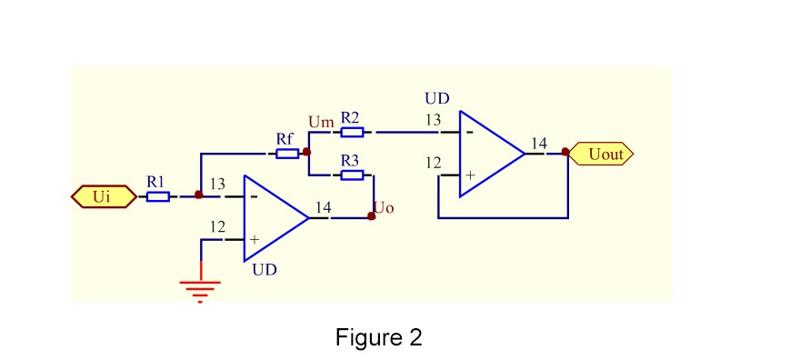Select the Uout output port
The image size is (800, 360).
[601, 155]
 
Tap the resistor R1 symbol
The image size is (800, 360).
[157, 196]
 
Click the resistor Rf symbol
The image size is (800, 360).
[287, 154]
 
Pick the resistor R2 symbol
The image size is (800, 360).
[352, 133]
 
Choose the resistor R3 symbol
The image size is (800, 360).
[352, 175]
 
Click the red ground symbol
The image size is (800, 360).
[200, 289]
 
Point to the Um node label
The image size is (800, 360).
[321, 122]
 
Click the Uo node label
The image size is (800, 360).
[384, 208]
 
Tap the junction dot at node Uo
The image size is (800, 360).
[371, 217]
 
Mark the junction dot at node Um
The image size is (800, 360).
[307, 153]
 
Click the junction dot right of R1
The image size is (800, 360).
[199, 195]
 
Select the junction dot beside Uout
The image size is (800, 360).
[565, 153]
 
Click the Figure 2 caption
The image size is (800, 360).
[379, 338]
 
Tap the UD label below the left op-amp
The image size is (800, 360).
[265, 270]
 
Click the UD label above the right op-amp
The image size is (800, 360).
[437, 98]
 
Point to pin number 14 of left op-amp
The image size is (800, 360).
[323, 208]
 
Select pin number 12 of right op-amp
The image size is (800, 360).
[434, 164]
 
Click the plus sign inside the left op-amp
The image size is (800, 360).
[255, 239]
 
